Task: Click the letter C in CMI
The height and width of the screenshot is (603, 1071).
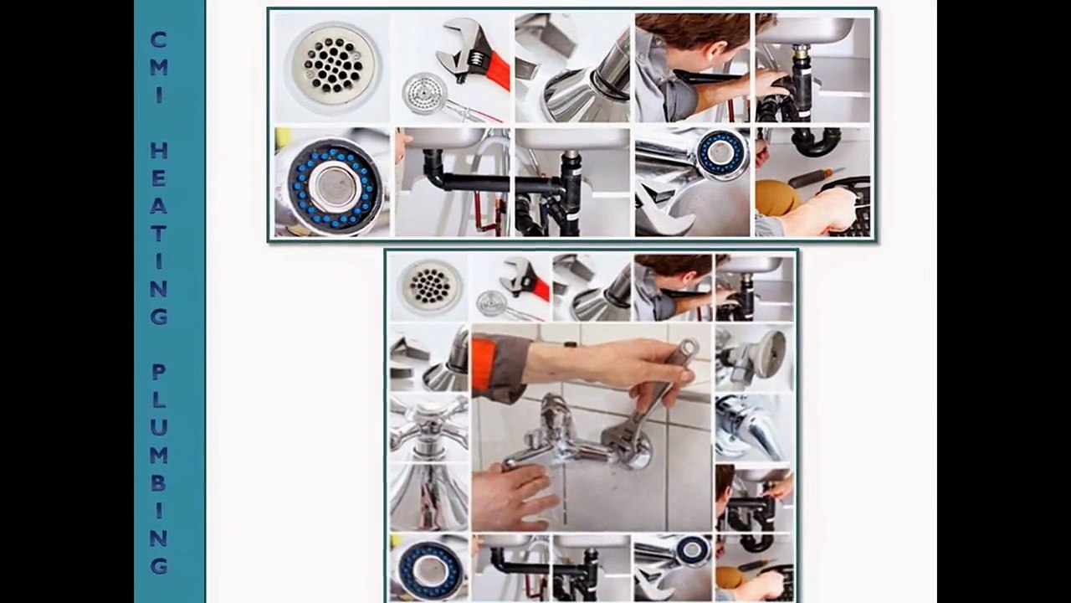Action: (x=158, y=39)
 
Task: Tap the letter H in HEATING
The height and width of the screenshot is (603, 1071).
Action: (x=159, y=150)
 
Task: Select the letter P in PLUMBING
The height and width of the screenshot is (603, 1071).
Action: (x=159, y=372)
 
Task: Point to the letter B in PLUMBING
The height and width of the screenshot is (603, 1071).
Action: (x=159, y=483)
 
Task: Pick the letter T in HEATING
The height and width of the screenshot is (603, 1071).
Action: (x=159, y=233)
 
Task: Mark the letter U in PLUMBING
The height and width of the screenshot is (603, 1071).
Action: (x=159, y=427)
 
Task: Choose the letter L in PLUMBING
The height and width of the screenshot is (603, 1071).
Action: (x=159, y=399)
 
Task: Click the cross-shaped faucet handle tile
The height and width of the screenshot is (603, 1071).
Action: (x=429, y=427)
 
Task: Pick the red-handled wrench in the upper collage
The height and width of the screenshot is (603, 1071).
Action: (x=474, y=55)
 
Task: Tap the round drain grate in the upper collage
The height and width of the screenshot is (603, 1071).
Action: (x=332, y=65)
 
